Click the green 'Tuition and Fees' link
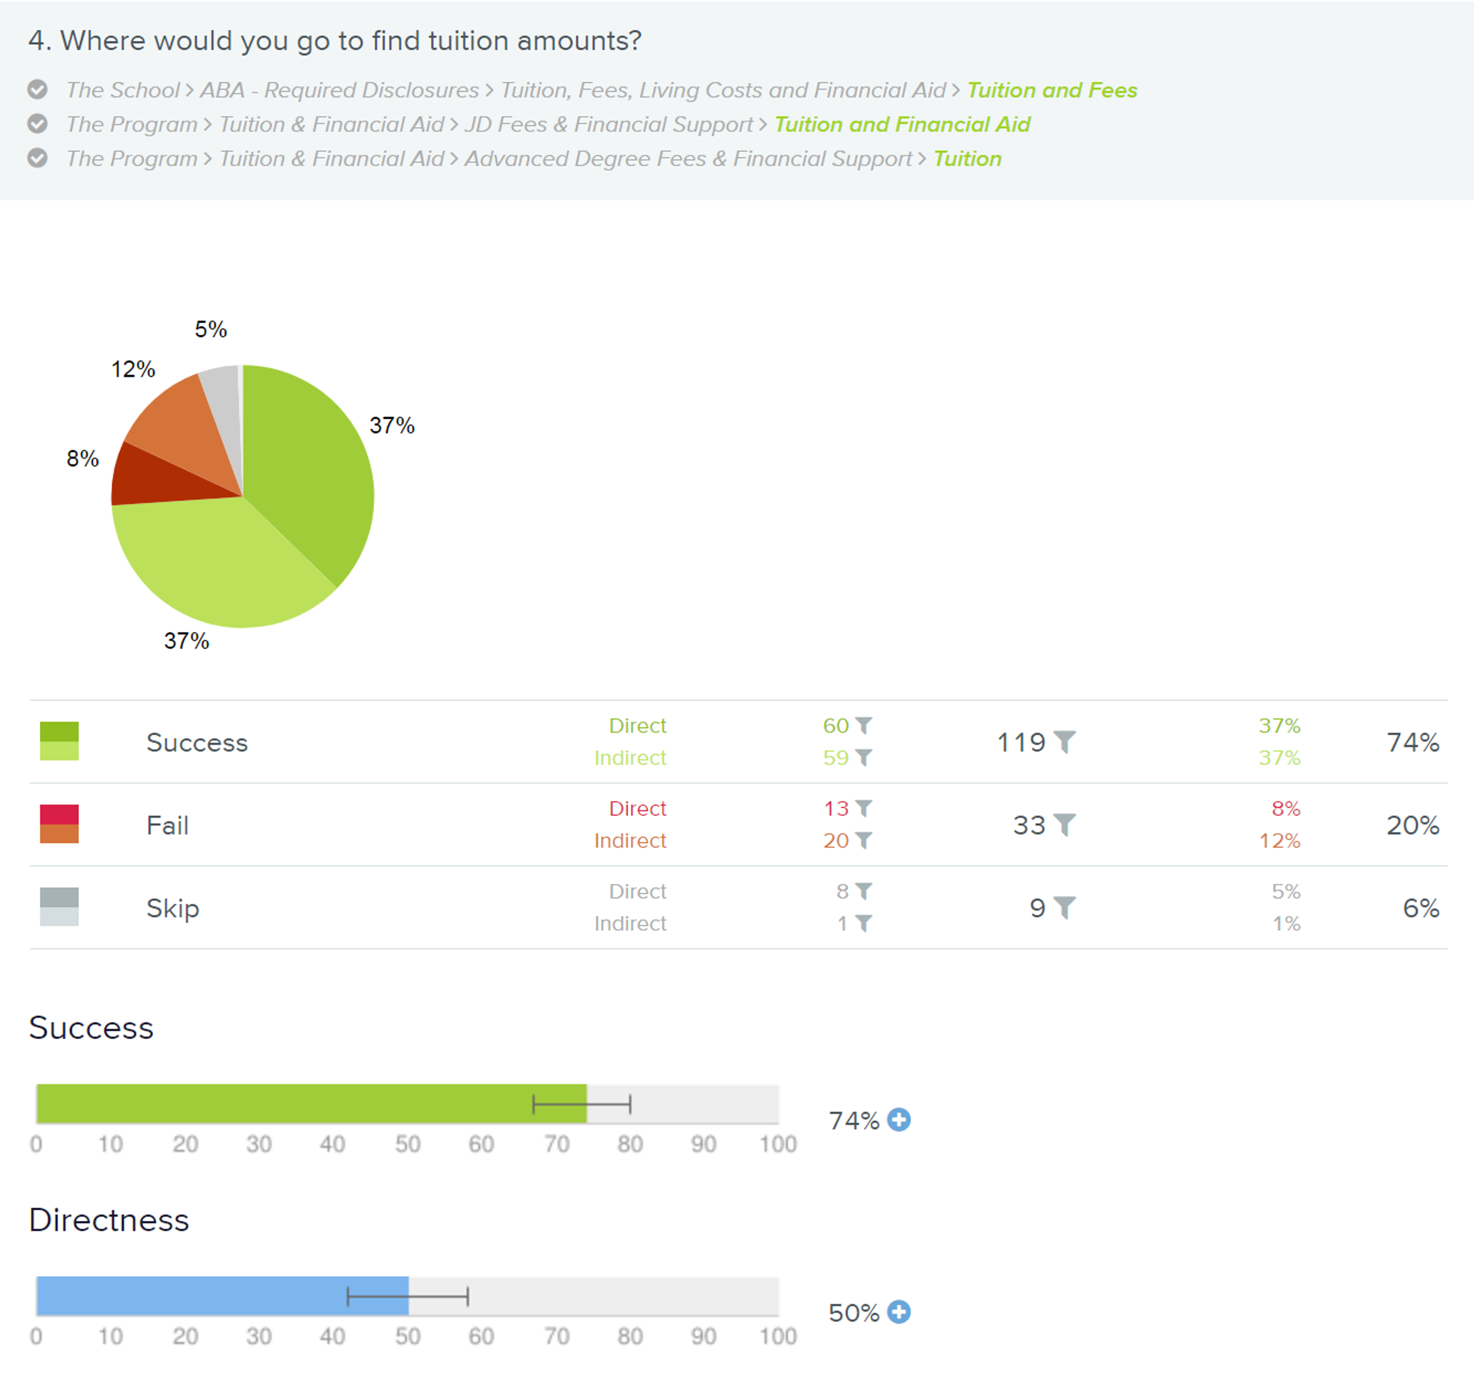(x=1051, y=90)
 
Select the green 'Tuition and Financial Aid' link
(x=902, y=124)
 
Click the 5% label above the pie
(x=211, y=329)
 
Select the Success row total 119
(x=1021, y=742)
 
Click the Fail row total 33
(x=1029, y=826)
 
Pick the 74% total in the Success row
(x=1412, y=742)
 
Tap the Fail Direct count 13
(x=835, y=808)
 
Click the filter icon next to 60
(x=864, y=725)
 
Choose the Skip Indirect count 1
(x=842, y=924)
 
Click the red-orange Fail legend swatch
(x=59, y=824)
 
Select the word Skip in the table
(x=173, y=908)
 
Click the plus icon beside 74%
(x=899, y=1120)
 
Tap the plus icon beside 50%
(x=899, y=1312)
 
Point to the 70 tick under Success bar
(x=556, y=1144)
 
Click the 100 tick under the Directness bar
(x=777, y=1336)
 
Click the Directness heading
(x=109, y=1220)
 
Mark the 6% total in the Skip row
(x=1420, y=908)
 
